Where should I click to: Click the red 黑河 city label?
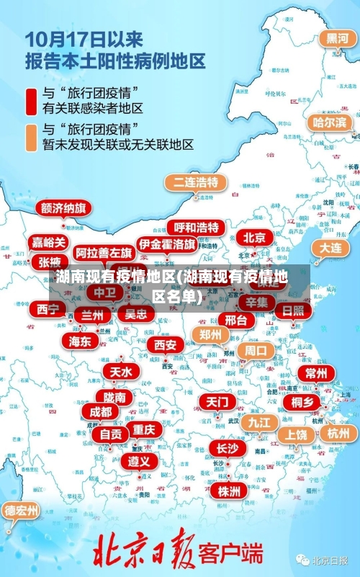[337, 38]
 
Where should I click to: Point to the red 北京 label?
[253, 237]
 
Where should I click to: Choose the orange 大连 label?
[330, 247]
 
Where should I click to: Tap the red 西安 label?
[165, 345]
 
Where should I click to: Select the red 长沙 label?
[227, 448]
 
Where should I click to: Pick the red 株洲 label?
[229, 491]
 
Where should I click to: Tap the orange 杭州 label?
[338, 433]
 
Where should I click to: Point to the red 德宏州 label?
[22, 511]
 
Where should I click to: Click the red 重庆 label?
[144, 429]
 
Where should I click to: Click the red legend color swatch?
[32, 102]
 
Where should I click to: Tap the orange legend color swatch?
[32, 137]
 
